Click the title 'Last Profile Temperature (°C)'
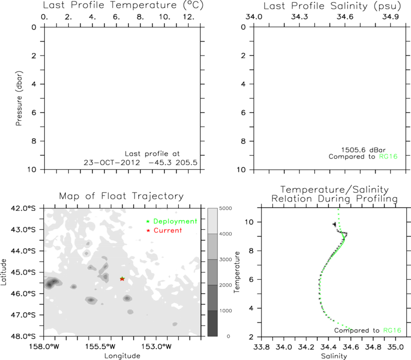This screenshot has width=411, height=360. click(123, 5)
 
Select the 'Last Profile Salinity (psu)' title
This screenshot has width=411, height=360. click(332, 6)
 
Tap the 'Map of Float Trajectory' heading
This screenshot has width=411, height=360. click(121, 196)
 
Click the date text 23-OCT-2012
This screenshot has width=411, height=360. click(111, 163)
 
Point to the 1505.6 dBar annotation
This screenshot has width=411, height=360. click(363, 150)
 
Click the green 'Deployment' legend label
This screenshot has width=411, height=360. click(175, 221)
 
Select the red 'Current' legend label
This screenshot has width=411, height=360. click(167, 230)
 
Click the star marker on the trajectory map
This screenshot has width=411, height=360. click(122, 279)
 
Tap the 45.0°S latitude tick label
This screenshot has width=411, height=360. click(23, 272)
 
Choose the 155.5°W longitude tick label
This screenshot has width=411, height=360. click(100, 346)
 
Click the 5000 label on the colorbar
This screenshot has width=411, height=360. click(226, 208)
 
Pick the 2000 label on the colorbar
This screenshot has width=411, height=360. click(226, 285)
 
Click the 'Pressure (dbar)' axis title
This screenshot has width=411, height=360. click(19, 98)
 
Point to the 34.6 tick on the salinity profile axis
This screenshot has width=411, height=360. click(345, 17)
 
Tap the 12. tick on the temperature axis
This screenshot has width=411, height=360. click(189, 17)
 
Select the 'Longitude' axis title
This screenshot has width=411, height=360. click(122, 356)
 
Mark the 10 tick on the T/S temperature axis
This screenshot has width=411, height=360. click(249, 222)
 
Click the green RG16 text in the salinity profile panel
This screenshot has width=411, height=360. click(388, 157)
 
